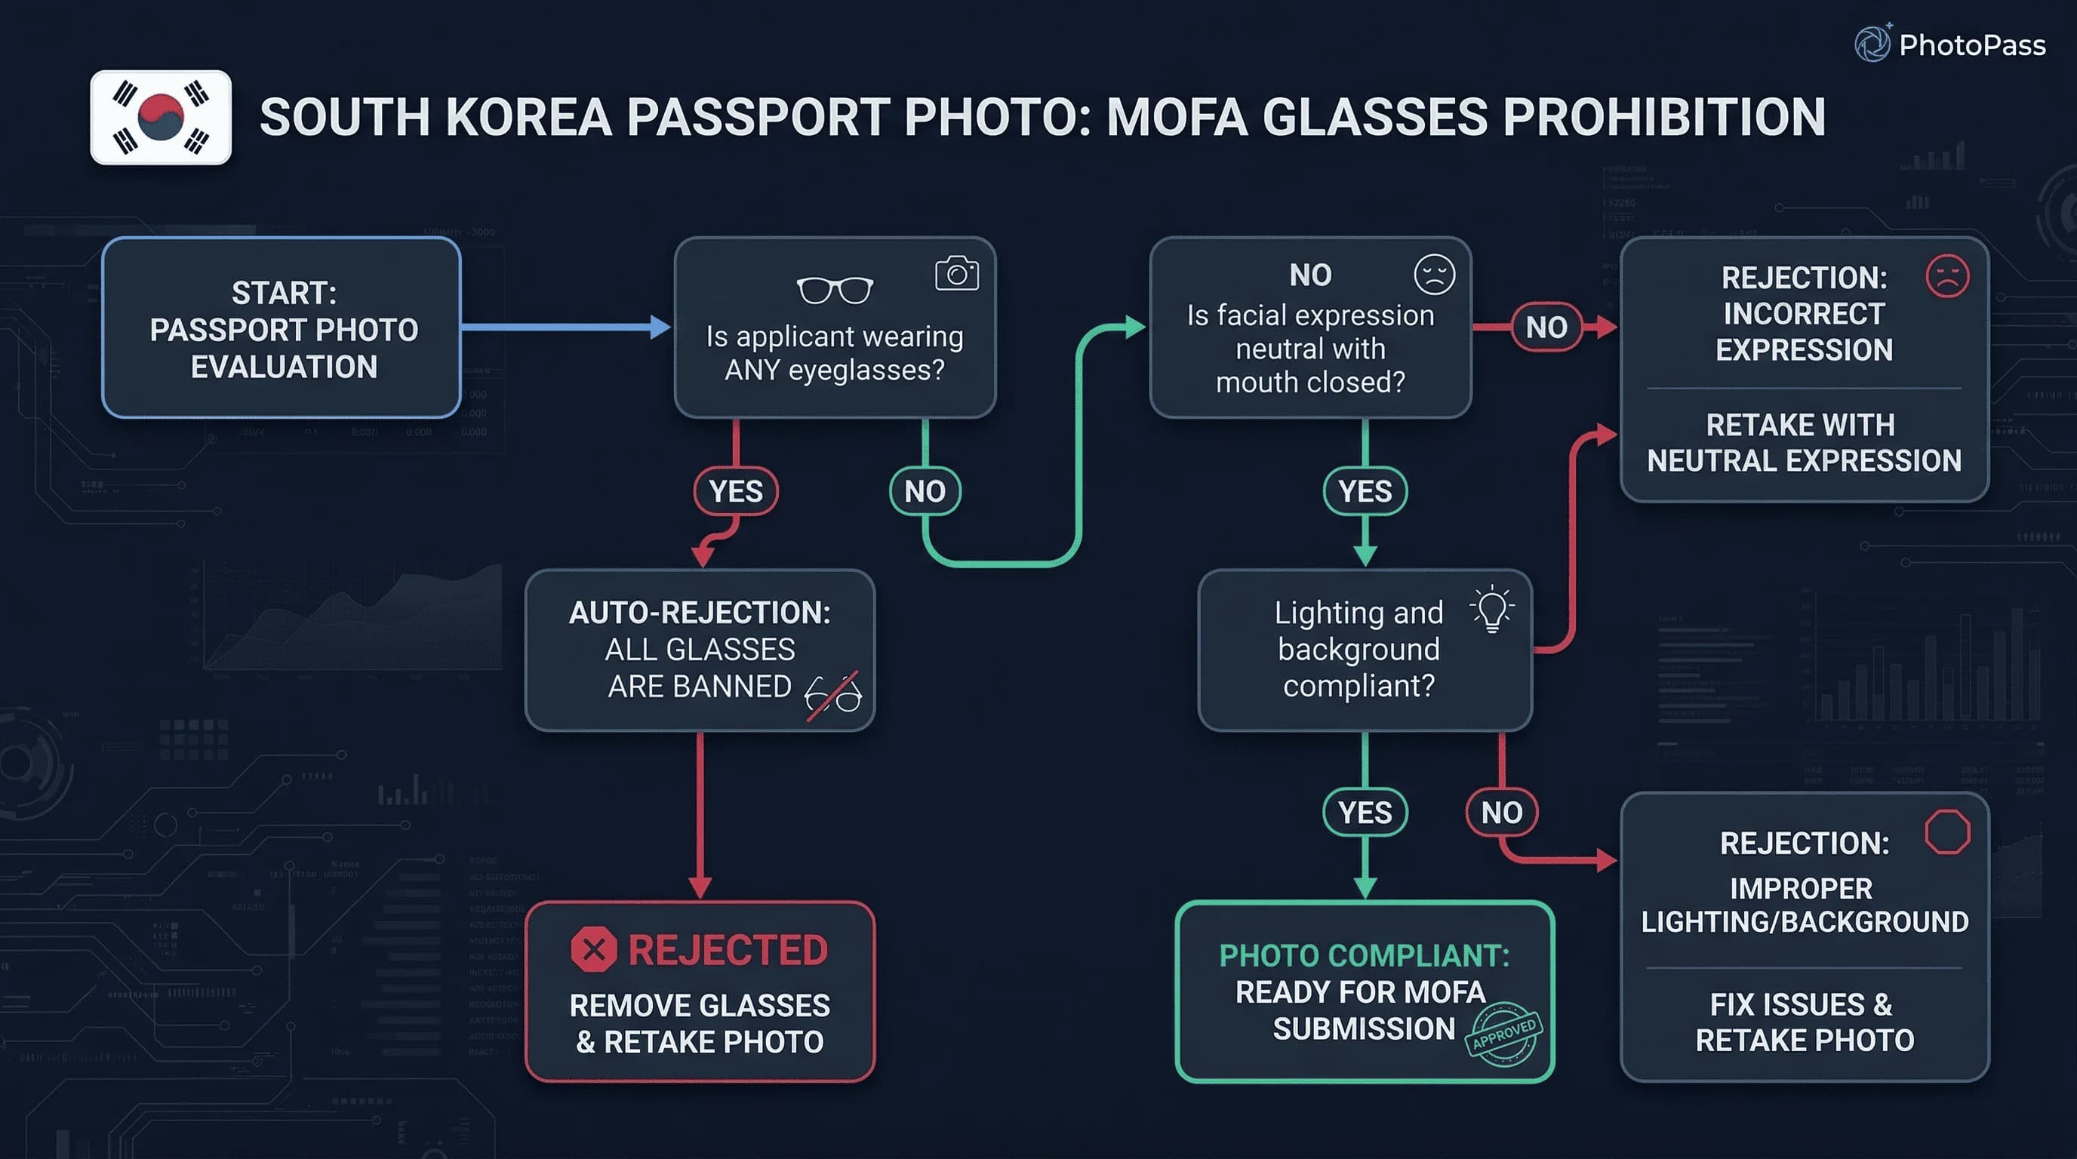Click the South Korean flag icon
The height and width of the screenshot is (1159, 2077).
pyautogui.click(x=161, y=118)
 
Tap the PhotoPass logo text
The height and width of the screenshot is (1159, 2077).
pyautogui.click(x=1971, y=45)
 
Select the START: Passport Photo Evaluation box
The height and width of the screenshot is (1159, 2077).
pyautogui.click(x=282, y=328)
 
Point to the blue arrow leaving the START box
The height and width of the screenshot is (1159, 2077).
pyautogui.click(x=565, y=327)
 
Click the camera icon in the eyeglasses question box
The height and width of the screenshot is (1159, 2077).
pyautogui.click(x=956, y=274)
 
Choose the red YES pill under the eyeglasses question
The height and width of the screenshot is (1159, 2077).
pyautogui.click(x=735, y=491)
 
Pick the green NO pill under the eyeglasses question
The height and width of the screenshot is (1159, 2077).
pyautogui.click(x=924, y=491)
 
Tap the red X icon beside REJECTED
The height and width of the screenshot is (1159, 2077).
pyautogui.click(x=593, y=949)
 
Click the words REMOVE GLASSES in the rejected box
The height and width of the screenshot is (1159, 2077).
pyautogui.click(x=699, y=1006)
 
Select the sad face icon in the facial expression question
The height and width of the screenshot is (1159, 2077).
pyautogui.click(x=1435, y=274)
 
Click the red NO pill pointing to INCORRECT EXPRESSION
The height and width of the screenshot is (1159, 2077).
pyautogui.click(x=1546, y=327)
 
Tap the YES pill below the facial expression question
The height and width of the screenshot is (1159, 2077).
pyautogui.click(x=1365, y=491)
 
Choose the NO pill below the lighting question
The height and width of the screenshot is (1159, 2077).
pyautogui.click(x=1501, y=813)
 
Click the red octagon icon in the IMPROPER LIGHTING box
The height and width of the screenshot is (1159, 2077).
pyautogui.click(x=1947, y=832)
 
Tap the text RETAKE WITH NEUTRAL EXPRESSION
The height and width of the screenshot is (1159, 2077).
pyautogui.click(x=1804, y=442)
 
